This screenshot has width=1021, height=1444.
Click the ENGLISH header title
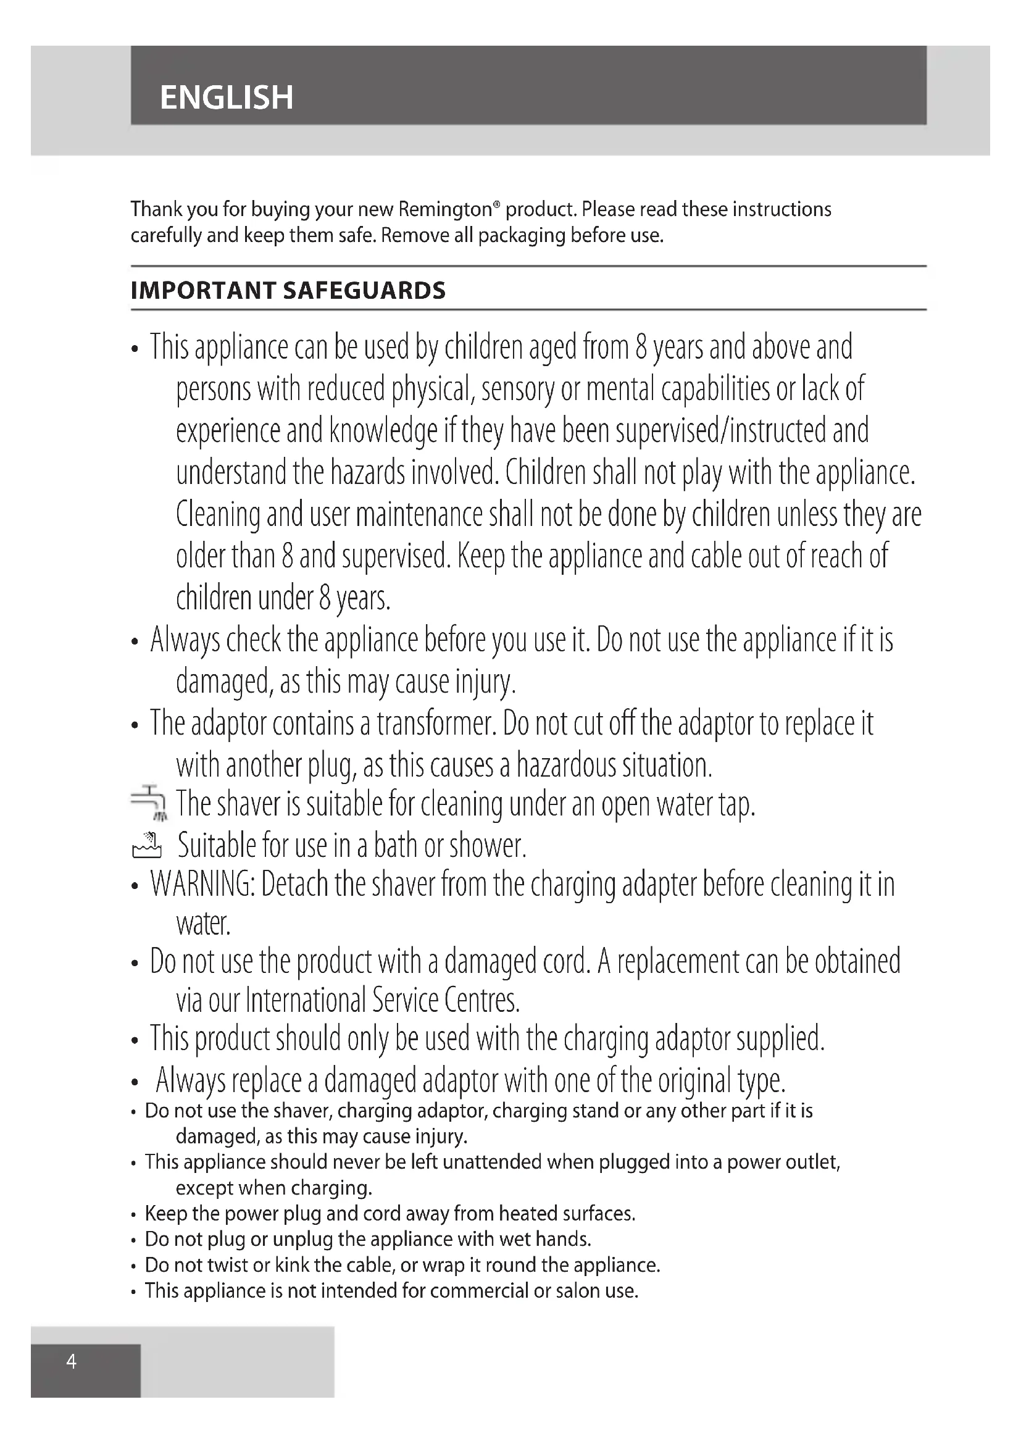[227, 98]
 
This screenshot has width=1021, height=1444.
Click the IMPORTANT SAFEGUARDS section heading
[288, 291]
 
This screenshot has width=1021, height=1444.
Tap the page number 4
[72, 1362]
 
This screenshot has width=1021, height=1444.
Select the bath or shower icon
[147, 845]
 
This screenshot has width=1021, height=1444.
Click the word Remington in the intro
[446, 209]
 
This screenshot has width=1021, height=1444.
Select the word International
[306, 1000]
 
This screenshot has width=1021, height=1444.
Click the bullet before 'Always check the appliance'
[134, 642]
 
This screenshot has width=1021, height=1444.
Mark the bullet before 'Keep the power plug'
[133, 1214]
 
